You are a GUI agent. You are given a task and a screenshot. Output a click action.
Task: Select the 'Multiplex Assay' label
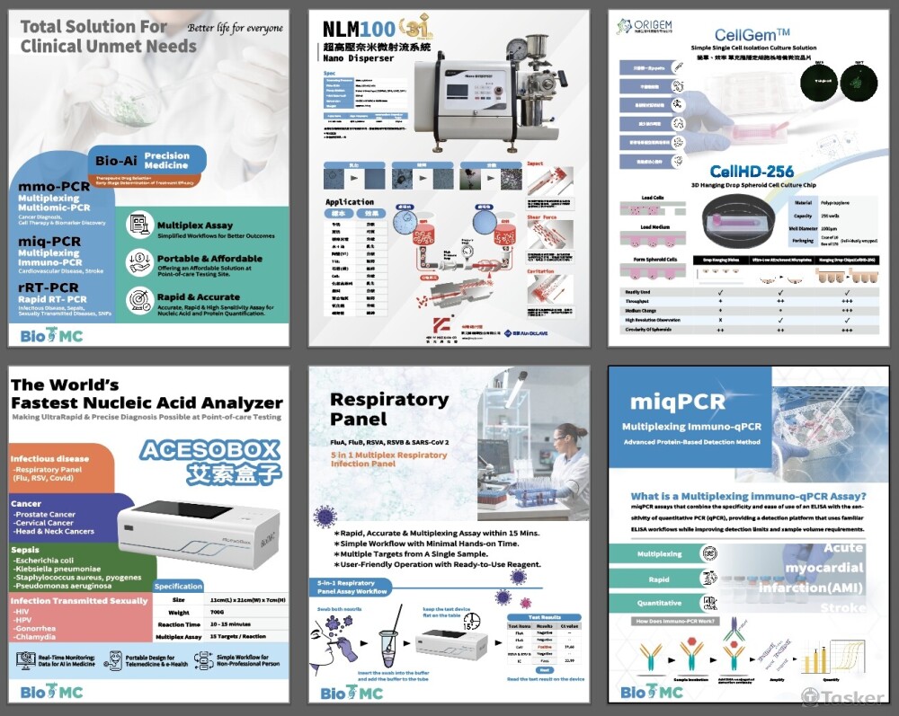[x=194, y=225]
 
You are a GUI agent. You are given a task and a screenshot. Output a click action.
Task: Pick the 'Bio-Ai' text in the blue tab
[x=117, y=160]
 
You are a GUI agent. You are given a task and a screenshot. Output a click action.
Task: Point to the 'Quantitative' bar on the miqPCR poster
[x=659, y=603]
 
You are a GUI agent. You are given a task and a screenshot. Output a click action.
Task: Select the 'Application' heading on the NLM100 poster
[x=350, y=202]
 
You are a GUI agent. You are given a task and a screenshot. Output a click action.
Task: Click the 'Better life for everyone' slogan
[x=235, y=28]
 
